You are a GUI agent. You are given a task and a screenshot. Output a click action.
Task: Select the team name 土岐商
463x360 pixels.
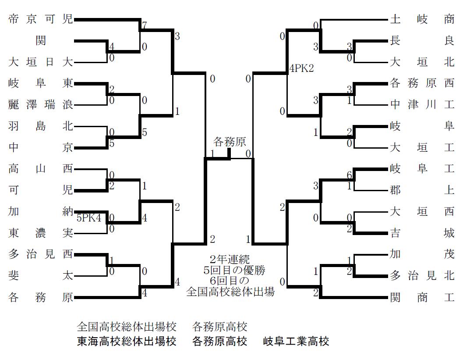(x=422, y=20)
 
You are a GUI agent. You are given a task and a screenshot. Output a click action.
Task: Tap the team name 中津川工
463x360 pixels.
(x=422, y=105)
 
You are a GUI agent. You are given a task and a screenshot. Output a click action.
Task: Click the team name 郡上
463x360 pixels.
(x=422, y=190)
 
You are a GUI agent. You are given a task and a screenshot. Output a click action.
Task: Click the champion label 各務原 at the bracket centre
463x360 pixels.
(x=229, y=142)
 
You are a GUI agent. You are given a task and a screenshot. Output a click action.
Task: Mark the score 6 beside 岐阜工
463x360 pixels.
(x=350, y=175)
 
